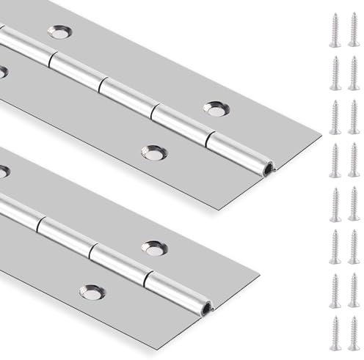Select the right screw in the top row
click(354, 29)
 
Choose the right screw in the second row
click(354, 72)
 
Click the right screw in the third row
click(354, 115)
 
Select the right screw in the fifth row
click(354, 202)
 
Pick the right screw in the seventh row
click(354, 287)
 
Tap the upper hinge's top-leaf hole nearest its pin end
click(214, 109)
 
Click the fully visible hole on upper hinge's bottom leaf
click(153, 152)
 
